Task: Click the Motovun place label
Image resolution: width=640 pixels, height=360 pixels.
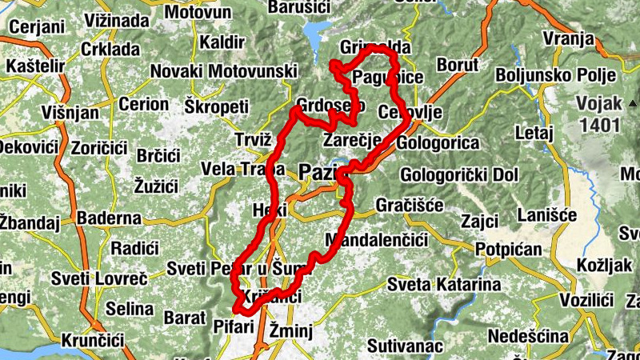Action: point(199,13)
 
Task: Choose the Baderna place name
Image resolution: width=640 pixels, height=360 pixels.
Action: point(109,218)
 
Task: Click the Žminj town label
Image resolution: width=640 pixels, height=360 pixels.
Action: point(290,330)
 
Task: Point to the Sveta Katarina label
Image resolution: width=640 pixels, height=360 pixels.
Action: point(444,284)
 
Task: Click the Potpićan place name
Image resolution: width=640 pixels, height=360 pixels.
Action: point(508,250)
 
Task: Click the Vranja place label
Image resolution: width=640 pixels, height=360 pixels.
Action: point(568,39)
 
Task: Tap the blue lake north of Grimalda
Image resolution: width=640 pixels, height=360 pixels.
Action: point(315,34)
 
